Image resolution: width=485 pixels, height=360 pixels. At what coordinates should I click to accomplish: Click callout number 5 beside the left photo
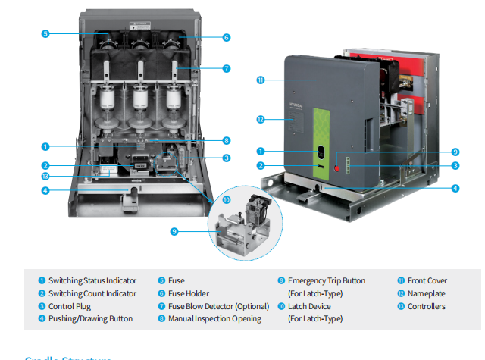pyautogui.click(x=45, y=34)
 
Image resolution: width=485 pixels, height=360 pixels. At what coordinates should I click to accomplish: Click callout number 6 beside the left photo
pyautogui.click(x=227, y=37)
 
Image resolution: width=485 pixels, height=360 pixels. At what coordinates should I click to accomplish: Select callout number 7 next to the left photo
pyautogui.click(x=227, y=68)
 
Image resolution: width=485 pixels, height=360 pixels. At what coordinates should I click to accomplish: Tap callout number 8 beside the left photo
pyautogui.click(x=227, y=140)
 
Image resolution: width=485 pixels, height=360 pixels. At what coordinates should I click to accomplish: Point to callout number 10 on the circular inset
pyautogui.click(x=227, y=199)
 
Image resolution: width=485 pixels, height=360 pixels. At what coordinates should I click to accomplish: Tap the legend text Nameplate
pyautogui.click(x=426, y=293)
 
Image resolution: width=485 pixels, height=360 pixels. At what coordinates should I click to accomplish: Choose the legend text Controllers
pyautogui.click(x=427, y=306)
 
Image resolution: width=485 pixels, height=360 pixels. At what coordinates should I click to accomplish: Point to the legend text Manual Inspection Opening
pyautogui.click(x=214, y=319)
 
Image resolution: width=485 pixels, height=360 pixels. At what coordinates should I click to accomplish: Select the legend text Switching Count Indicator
pyautogui.click(x=92, y=293)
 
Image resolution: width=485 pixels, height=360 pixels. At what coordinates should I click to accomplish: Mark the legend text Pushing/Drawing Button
pyautogui.click(x=90, y=319)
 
